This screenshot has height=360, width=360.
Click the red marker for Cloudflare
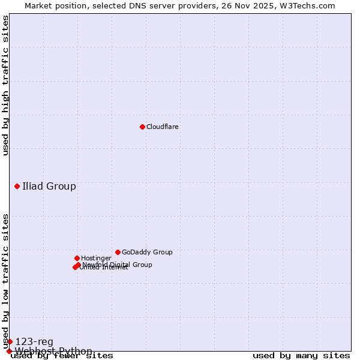tap(142, 127)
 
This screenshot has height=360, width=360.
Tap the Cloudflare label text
tap(163, 127)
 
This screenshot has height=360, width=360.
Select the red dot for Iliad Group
tap(17, 186)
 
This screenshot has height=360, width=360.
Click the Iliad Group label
tap(49, 186)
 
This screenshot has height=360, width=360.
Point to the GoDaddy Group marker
tap(118, 252)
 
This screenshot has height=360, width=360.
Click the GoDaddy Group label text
tap(147, 253)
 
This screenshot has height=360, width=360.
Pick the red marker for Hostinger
tap(77, 258)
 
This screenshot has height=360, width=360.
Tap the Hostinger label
tap(97, 259)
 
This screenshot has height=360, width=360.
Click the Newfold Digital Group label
tap(118, 265)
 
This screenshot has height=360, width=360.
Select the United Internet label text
tap(104, 268)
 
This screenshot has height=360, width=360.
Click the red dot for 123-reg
tap(10, 341)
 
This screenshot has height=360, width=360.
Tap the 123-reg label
tap(34, 342)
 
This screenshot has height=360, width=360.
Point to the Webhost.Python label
tap(53, 351)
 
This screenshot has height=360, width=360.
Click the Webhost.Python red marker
tap(9, 351)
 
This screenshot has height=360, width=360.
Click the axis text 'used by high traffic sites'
tap(6, 85)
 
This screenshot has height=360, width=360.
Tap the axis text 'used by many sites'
tap(301, 356)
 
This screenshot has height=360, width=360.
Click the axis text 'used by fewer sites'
tap(62, 356)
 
